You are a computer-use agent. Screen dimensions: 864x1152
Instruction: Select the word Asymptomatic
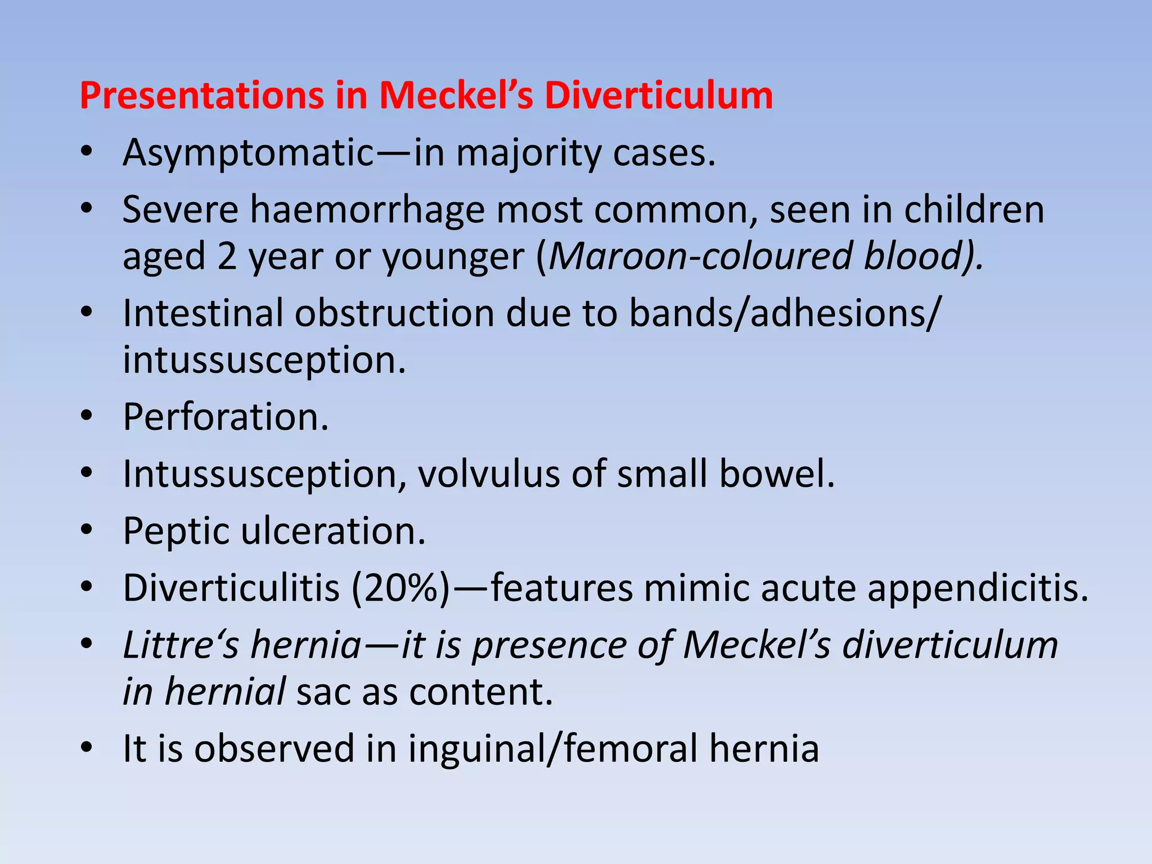[x=248, y=153]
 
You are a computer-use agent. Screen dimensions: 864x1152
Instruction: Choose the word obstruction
[x=394, y=313]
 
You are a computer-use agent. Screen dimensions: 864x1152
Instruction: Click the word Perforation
[x=225, y=417]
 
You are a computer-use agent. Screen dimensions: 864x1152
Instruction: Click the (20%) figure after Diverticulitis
[x=401, y=588]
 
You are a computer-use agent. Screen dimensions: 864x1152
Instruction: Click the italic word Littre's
[x=181, y=645]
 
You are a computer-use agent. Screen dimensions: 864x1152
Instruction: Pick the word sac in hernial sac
[x=323, y=692]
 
